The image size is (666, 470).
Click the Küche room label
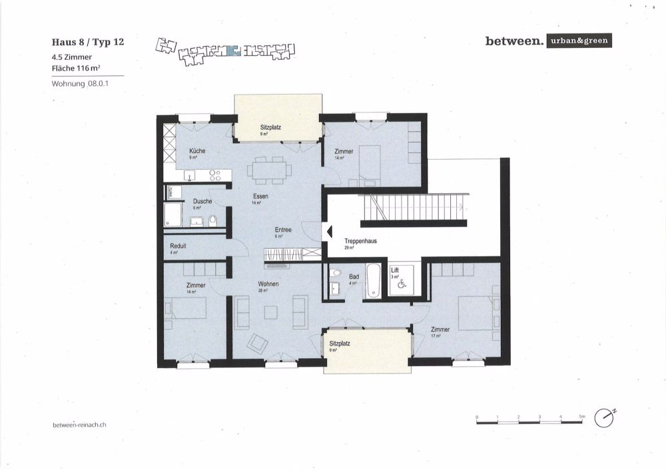[197, 151]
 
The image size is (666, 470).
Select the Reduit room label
[178, 246]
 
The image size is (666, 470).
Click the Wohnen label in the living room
[268, 284]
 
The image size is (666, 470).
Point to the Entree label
[283, 230]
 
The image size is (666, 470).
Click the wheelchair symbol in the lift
[402, 284]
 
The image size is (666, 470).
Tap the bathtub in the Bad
[373, 280]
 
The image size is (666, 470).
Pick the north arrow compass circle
[605, 417]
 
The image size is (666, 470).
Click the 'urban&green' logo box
[577, 41]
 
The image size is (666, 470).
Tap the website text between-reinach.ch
[79, 424]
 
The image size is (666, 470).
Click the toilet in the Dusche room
[212, 220]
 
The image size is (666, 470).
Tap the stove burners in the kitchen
[214, 175]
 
